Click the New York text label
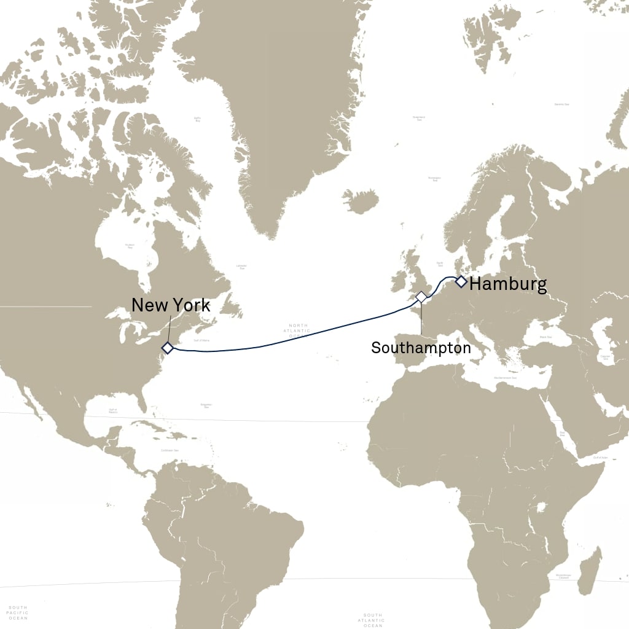171,305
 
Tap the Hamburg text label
507,284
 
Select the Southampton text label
421,348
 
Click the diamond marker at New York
167,348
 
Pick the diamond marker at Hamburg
461,282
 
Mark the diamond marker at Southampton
421,297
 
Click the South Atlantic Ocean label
373,620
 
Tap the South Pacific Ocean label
17,612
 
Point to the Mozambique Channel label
563,576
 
